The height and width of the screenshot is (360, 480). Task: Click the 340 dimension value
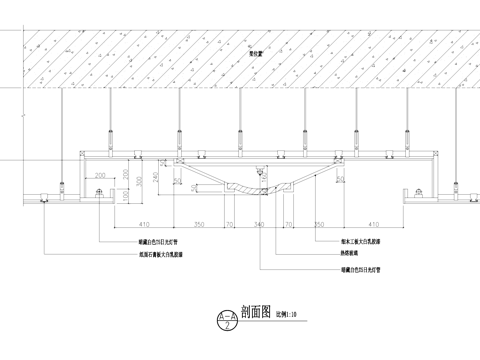click(258, 225)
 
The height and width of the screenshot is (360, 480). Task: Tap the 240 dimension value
click(157, 181)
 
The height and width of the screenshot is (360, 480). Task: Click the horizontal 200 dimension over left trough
click(100, 175)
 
